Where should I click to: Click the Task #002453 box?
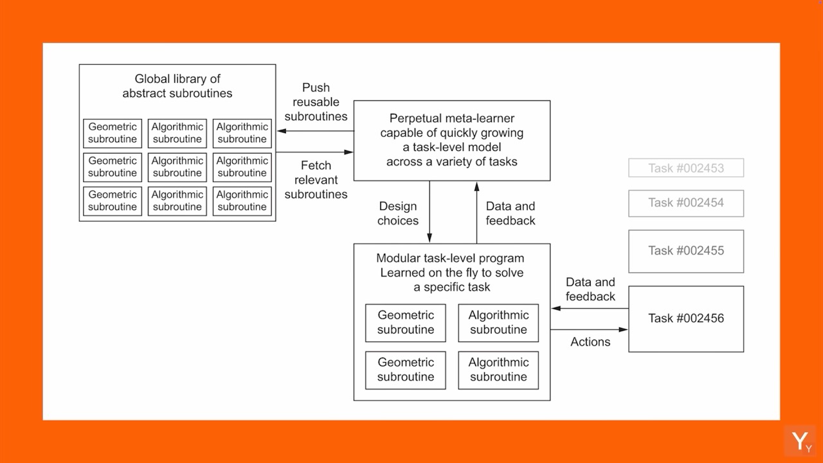686,168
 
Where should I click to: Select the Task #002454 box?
686,203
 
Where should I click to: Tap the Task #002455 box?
686,251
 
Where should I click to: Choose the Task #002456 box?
686,318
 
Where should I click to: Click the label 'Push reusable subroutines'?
316,102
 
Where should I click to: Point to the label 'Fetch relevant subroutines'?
316,179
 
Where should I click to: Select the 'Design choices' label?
398,213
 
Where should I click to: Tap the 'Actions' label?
590,342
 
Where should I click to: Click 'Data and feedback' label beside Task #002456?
590,289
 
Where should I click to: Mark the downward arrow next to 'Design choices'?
430,212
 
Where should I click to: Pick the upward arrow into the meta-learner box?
476,212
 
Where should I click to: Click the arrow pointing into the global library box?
315,131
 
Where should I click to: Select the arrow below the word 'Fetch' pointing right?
315,152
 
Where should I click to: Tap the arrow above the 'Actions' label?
590,329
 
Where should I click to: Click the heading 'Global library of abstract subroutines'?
177,86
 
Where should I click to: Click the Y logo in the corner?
800,441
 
